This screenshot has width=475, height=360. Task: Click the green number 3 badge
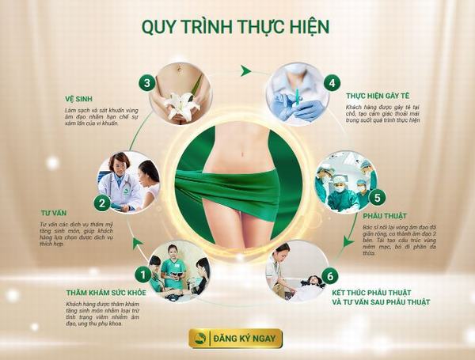pos(146,81)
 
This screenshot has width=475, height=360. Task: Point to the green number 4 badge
pos(332,81)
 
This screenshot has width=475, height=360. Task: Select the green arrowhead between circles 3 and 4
pos(246,71)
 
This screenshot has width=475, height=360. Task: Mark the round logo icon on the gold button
pos(201,338)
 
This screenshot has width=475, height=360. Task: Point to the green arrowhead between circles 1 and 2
pos(138,243)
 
